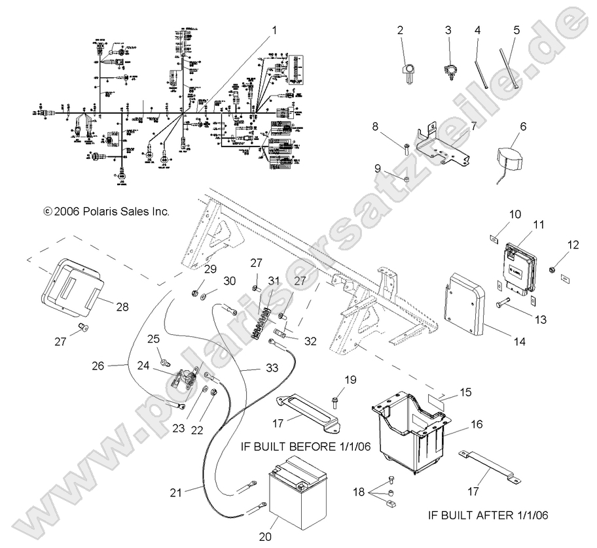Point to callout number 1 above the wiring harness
point(274,30)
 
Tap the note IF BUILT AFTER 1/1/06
point(488,515)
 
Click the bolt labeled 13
point(505,303)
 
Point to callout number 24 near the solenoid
point(143,366)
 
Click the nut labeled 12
point(554,268)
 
